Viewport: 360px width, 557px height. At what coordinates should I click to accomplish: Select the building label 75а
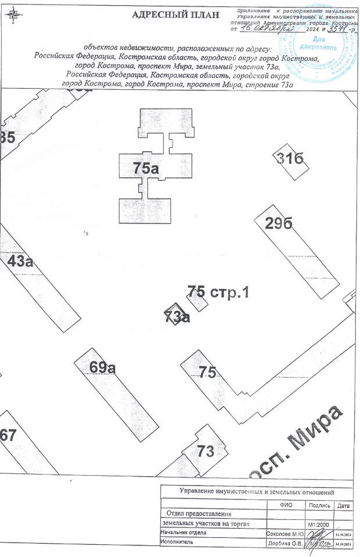(x=146, y=169)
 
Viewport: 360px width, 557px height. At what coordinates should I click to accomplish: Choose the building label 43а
(x=20, y=261)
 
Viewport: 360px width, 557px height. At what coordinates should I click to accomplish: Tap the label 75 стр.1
(x=218, y=292)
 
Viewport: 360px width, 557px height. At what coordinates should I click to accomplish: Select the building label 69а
(x=103, y=367)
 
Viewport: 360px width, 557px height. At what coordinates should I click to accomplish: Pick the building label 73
(x=206, y=451)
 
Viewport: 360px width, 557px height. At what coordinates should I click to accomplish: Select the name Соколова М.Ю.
(x=285, y=533)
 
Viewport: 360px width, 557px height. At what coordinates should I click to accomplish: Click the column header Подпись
(x=319, y=506)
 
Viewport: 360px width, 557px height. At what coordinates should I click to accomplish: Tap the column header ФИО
(x=285, y=506)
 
